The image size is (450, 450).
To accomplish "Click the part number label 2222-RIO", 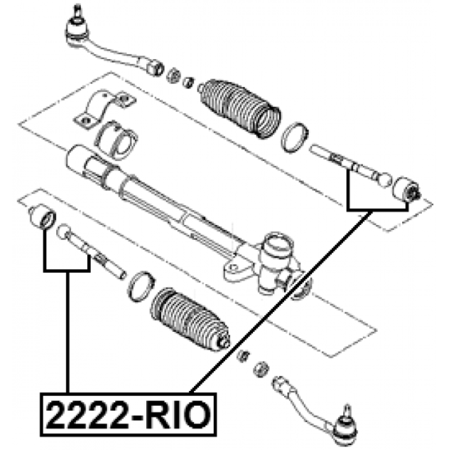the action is coord(128,415).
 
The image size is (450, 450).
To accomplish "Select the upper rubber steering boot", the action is coord(240,108).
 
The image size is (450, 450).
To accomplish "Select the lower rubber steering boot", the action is coord(190,319).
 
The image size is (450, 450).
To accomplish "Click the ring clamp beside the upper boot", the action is coord(295,137).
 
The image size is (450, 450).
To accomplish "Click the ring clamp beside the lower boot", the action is coord(141,286).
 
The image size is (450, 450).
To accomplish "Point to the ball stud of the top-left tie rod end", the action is coord(76,11).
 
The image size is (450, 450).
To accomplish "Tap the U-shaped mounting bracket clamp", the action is coord(104,108).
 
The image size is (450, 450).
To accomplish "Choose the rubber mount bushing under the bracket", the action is coord(116,139).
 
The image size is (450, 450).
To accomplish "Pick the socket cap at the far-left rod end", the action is coord(42,217).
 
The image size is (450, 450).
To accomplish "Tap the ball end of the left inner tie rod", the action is coord(63,232).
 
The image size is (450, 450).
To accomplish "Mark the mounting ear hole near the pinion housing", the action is coord(233,268).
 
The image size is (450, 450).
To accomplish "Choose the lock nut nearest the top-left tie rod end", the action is coord(173,75).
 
